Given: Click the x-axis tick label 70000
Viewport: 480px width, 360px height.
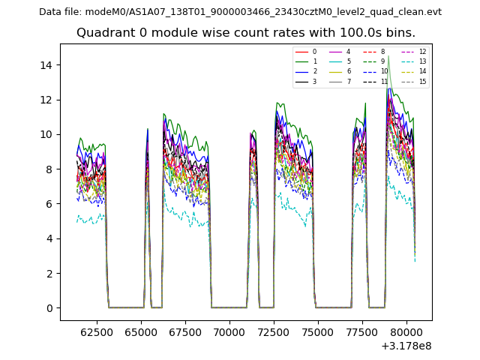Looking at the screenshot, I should click(x=229, y=331).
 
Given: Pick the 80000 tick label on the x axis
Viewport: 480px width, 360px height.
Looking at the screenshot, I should click(x=406, y=331).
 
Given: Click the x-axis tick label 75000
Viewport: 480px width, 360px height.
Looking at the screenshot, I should click(x=318, y=331).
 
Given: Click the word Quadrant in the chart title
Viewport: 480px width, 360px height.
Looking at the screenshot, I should click(x=102, y=33).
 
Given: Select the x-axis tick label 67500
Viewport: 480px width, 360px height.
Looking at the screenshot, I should click(x=185, y=331).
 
